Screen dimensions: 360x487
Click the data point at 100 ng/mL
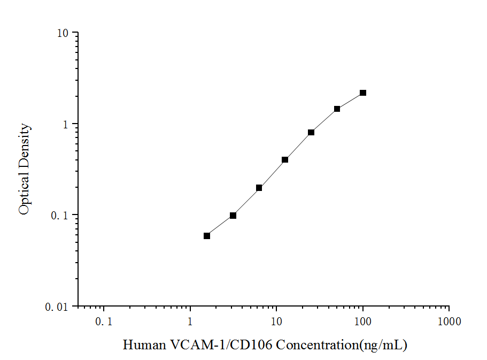point(363,93)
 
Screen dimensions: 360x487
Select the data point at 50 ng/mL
point(337,109)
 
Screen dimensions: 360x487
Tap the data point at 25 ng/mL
point(311,132)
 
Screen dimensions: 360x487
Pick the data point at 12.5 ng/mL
point(285,160)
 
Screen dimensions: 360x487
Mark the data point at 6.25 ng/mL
point(259,188)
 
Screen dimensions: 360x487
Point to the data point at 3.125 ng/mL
point(233,216)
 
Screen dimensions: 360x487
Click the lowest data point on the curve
point(207,236)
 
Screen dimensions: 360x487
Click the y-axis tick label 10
point(63,33)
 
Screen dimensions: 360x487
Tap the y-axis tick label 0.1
point(60,215)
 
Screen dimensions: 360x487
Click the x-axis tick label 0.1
point(104,321)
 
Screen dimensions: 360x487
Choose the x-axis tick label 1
point(190,321)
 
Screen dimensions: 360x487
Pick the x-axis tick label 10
point(276,321)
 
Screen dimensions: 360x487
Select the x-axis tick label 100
point(363,321)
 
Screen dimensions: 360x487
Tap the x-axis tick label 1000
point(449,321)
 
